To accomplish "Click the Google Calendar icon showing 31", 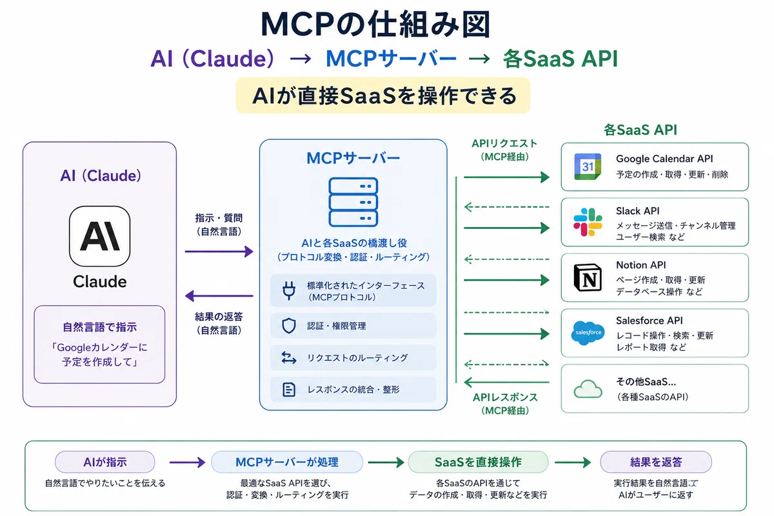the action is (x=588, y=167).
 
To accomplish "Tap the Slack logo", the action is (x=588, y=222).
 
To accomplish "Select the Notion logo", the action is (x=588, y=278).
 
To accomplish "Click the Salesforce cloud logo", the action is (x=588, y=333).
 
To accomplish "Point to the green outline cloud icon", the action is (x=588, y=389).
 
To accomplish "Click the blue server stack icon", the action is (x=353, y=202).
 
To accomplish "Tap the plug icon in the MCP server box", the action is (x=289, y=290).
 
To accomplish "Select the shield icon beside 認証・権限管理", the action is (x=289, y=326).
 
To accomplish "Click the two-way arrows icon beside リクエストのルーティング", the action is (x=289, y=358).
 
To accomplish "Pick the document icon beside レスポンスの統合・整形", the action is (x=289, y=390).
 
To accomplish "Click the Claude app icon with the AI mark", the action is (x=99, y=237).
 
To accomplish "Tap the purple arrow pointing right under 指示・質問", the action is (x=219, y=252).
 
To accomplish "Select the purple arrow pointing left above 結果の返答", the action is (x=219, y=296).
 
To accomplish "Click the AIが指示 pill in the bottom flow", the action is (x=104, y=462).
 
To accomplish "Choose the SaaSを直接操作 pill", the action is (x=478, y=462).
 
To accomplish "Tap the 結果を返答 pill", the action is (x=656, y=462).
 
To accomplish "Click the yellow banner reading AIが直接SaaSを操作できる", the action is (x=383, y=95).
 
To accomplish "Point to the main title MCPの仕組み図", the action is (x=376, y=25).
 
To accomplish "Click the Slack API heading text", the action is (x=637, y=211).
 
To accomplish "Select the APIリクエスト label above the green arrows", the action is (x=504, y=143).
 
